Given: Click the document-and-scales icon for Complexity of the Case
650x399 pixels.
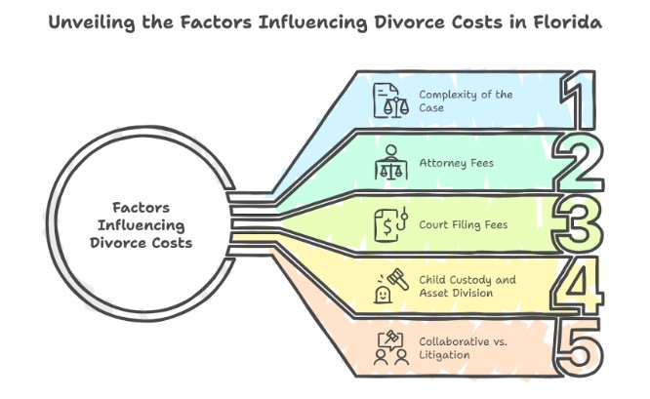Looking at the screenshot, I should point(391,101).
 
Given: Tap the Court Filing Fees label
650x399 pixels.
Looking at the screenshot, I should point(463,224).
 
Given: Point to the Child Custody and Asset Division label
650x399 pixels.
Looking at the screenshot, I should point(467,286).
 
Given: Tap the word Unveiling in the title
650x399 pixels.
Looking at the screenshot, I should point(91,21).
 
